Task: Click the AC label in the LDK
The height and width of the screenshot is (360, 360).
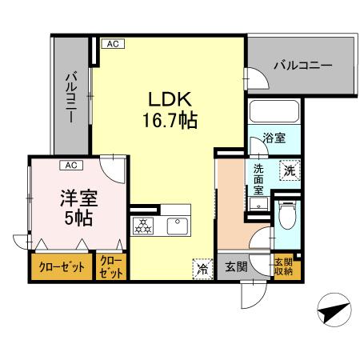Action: (x=111, y=44)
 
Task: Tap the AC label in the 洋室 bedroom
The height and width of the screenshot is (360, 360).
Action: (x=71, y=166)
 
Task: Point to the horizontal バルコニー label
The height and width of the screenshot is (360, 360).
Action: (x=302, y=64)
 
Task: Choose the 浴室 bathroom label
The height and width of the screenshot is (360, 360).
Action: (x=274, y=138)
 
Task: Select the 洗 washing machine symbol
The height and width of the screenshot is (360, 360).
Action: (x=289, y=170)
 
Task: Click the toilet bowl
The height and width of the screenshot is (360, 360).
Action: (x=287, y=215)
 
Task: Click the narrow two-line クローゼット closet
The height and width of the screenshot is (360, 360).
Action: (x=111, y=266)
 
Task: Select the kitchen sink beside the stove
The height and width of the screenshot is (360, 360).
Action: (x=178, y=226)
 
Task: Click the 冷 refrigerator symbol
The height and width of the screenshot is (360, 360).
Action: (x=202, y=270)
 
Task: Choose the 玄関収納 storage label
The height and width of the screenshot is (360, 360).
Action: (x=283, y=266)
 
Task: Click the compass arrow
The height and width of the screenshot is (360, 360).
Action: (x=332, y=312)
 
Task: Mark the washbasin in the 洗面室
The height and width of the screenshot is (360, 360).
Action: (x=258, y=205)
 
